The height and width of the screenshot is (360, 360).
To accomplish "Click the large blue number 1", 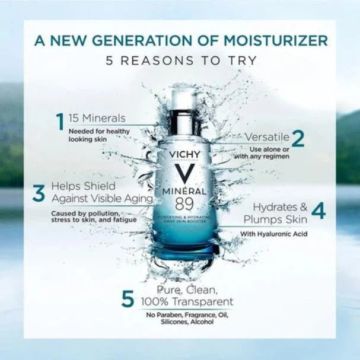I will (x=60, y=122).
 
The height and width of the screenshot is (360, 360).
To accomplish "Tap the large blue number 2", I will (x=298, y=138).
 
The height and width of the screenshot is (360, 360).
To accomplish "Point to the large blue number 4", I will (x=318, y=212).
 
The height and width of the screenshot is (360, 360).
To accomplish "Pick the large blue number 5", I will (x=127, y=299).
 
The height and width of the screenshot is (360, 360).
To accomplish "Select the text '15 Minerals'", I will (x=97, y=117).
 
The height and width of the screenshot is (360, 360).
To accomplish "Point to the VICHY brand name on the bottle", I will (x=184, y=155).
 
